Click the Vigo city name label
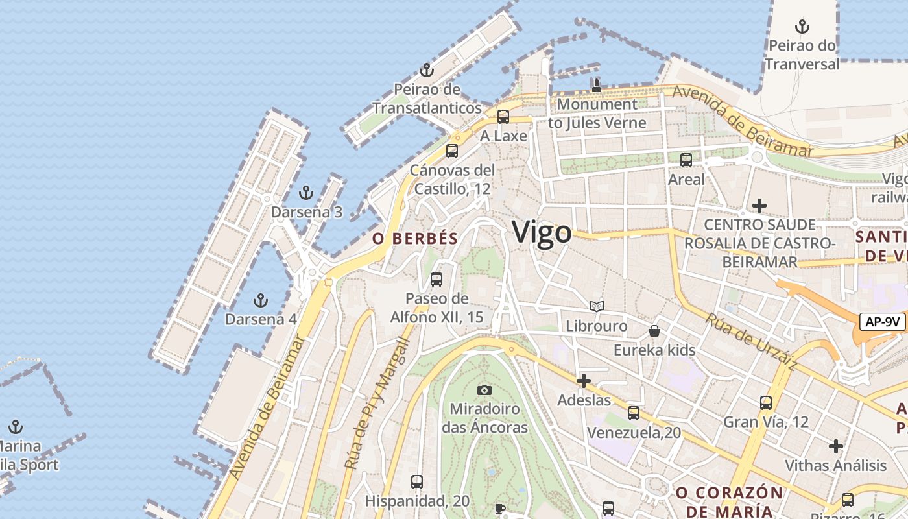pyautogui.click(x=542, y=232)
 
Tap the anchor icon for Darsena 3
pyautogui.click(x=305, y=193)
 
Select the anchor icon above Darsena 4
pyautogui.click(x=260, y=300)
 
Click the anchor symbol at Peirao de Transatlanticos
pyautogui.click(x=426, y=70)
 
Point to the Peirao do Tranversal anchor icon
pyautogui.click(x=802, y=27)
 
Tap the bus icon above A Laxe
pyautogui.click(x=503, y=117)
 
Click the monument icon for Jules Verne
pyautogui.click(x=597, y=85)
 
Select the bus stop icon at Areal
pyautogui.click(x=686, y=160)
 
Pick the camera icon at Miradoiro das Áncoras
pyautogui.click(x=484, y=390)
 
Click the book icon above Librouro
pyautogui.click(x=597, y=306)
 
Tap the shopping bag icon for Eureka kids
pyautogui.click(x=654, y=331)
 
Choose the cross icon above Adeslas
pyautogui.click(x=584, y=381)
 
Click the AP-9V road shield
pyautogui.click(x=883, y=321)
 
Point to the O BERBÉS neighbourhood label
pyautogui.click(x=415, y=239)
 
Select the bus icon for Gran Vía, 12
pyautogui.click(x=766, y=402)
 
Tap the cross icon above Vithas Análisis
pyautogui.click(x=835, y=446)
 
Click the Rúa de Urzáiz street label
pyautogui.click(x=751, y=343)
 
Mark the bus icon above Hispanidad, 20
pyautogui.click(x=417, y=482)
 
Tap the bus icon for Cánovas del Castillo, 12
pyautogui.click(x=452, y=151)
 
